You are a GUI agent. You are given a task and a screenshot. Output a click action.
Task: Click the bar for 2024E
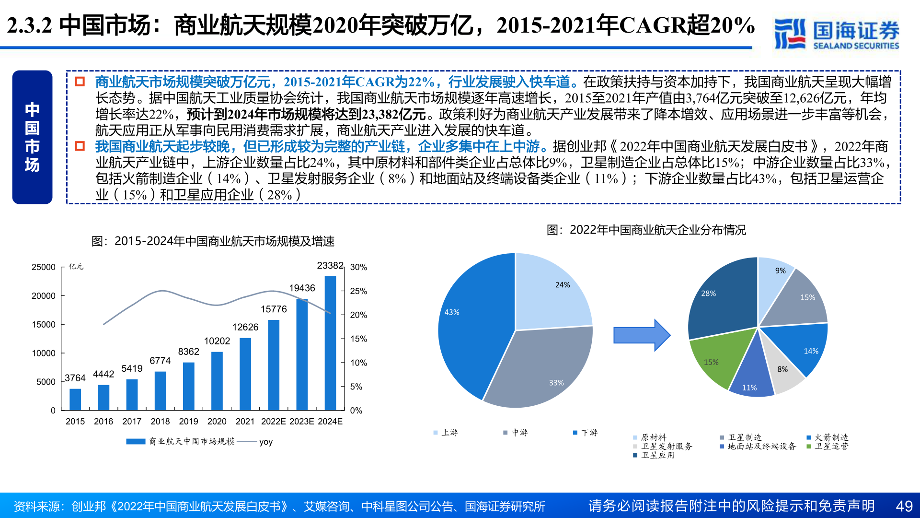(330, 343)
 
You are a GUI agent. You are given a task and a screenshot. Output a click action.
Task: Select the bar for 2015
(75, 399)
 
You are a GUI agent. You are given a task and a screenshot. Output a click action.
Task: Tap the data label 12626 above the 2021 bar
(245, 327)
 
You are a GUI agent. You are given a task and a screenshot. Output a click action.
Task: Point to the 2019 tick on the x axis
(188, 422)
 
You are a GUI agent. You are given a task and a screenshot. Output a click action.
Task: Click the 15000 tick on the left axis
(44, 325)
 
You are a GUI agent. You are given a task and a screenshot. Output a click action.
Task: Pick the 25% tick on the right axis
(358, 291)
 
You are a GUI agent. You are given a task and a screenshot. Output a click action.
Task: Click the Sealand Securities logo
(837, 34)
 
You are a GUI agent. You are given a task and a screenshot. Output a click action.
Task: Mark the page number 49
(904, 506)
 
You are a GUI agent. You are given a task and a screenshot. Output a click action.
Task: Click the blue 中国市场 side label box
(32, 137)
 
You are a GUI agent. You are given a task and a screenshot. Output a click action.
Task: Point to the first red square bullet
(80, 82)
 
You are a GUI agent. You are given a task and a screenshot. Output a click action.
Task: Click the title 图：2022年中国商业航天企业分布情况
(646, 230)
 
